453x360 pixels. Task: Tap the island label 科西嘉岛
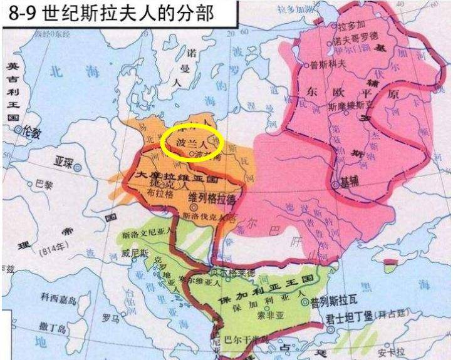(x=58, y=299)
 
